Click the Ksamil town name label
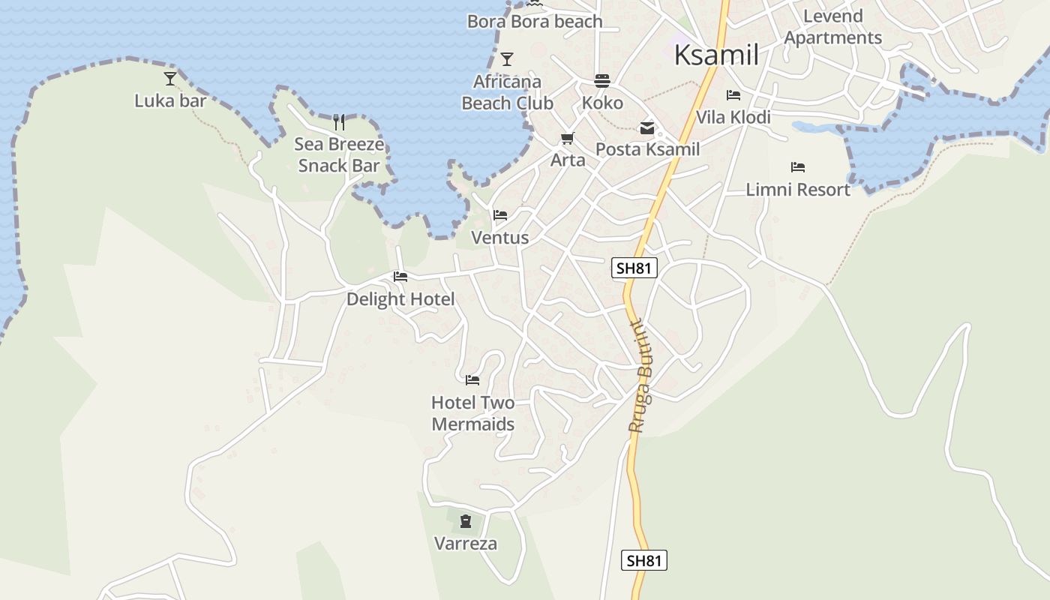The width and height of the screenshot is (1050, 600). [x=716, y=55]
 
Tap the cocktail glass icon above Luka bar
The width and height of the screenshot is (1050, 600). [x=170, y=78]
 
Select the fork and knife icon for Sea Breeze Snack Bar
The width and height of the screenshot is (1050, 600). [x=339, y=121]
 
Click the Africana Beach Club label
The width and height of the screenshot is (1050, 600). [x=507, y=92]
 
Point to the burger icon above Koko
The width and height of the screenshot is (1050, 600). [x=602, y=80]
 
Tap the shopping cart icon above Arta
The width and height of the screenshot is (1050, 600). [x=568, y=139]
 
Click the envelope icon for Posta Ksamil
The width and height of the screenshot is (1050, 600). [x=646, y=128]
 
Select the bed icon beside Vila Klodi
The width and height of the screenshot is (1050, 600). [x=733, y=95]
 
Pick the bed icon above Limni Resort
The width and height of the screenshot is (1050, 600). [x=798, y=167]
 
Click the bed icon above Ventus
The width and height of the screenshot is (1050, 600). [x=500, y=215]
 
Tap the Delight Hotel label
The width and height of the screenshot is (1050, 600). [x=400, y=299]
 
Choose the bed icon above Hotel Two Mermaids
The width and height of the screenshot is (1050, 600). [x=472, y=380]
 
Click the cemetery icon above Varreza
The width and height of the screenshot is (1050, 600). [x=466, y=521]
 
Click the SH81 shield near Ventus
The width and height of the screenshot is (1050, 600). [x=634, y=268]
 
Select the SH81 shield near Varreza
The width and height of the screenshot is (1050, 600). [x=644, y=560]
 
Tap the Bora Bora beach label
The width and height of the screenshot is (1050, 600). [x=535, y=22]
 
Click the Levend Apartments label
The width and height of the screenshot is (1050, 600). [x=833, y=27]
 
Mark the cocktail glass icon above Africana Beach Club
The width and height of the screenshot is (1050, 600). [x=507, y=58]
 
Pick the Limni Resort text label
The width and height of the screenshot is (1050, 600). [x=798, y=190]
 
